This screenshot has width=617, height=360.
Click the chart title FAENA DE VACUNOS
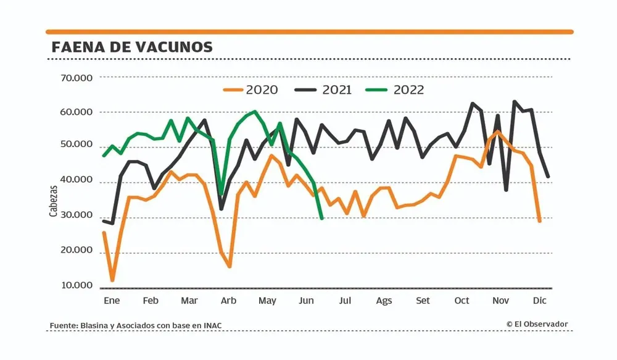(x=132, y=47)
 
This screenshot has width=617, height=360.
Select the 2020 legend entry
(x=251, y=90)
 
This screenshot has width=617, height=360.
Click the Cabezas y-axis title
(x=54, y=201)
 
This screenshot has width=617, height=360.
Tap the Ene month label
(x=112, y=301)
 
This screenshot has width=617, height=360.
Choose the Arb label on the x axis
(x=228, y=301)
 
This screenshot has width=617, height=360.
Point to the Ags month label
(x=384, y=301)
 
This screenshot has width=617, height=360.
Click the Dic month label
(x=540, y=301)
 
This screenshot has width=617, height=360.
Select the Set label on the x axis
(x=423, y=301)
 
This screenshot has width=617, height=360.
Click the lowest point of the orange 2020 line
(x=112, y=280)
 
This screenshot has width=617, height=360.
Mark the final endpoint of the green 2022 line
(x=322, y=219)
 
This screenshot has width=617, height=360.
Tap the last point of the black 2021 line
(x=549, y=177)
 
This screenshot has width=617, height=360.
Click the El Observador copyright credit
(x=537, y=324)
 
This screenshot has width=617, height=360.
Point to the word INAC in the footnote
(x=213, y=325)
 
